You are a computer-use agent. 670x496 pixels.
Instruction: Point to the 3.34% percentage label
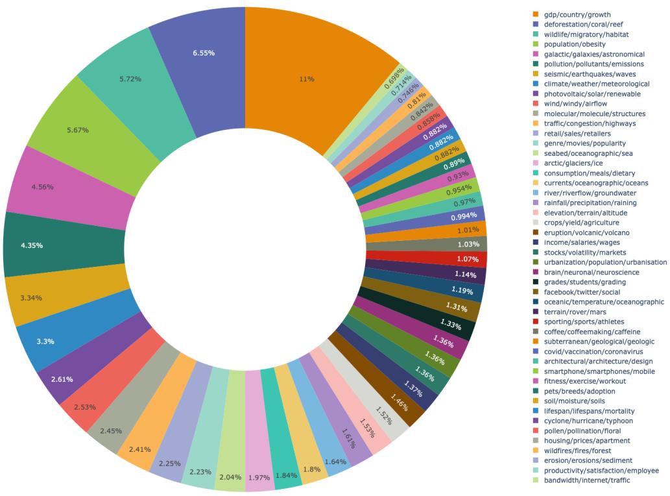[x=31, y=298]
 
